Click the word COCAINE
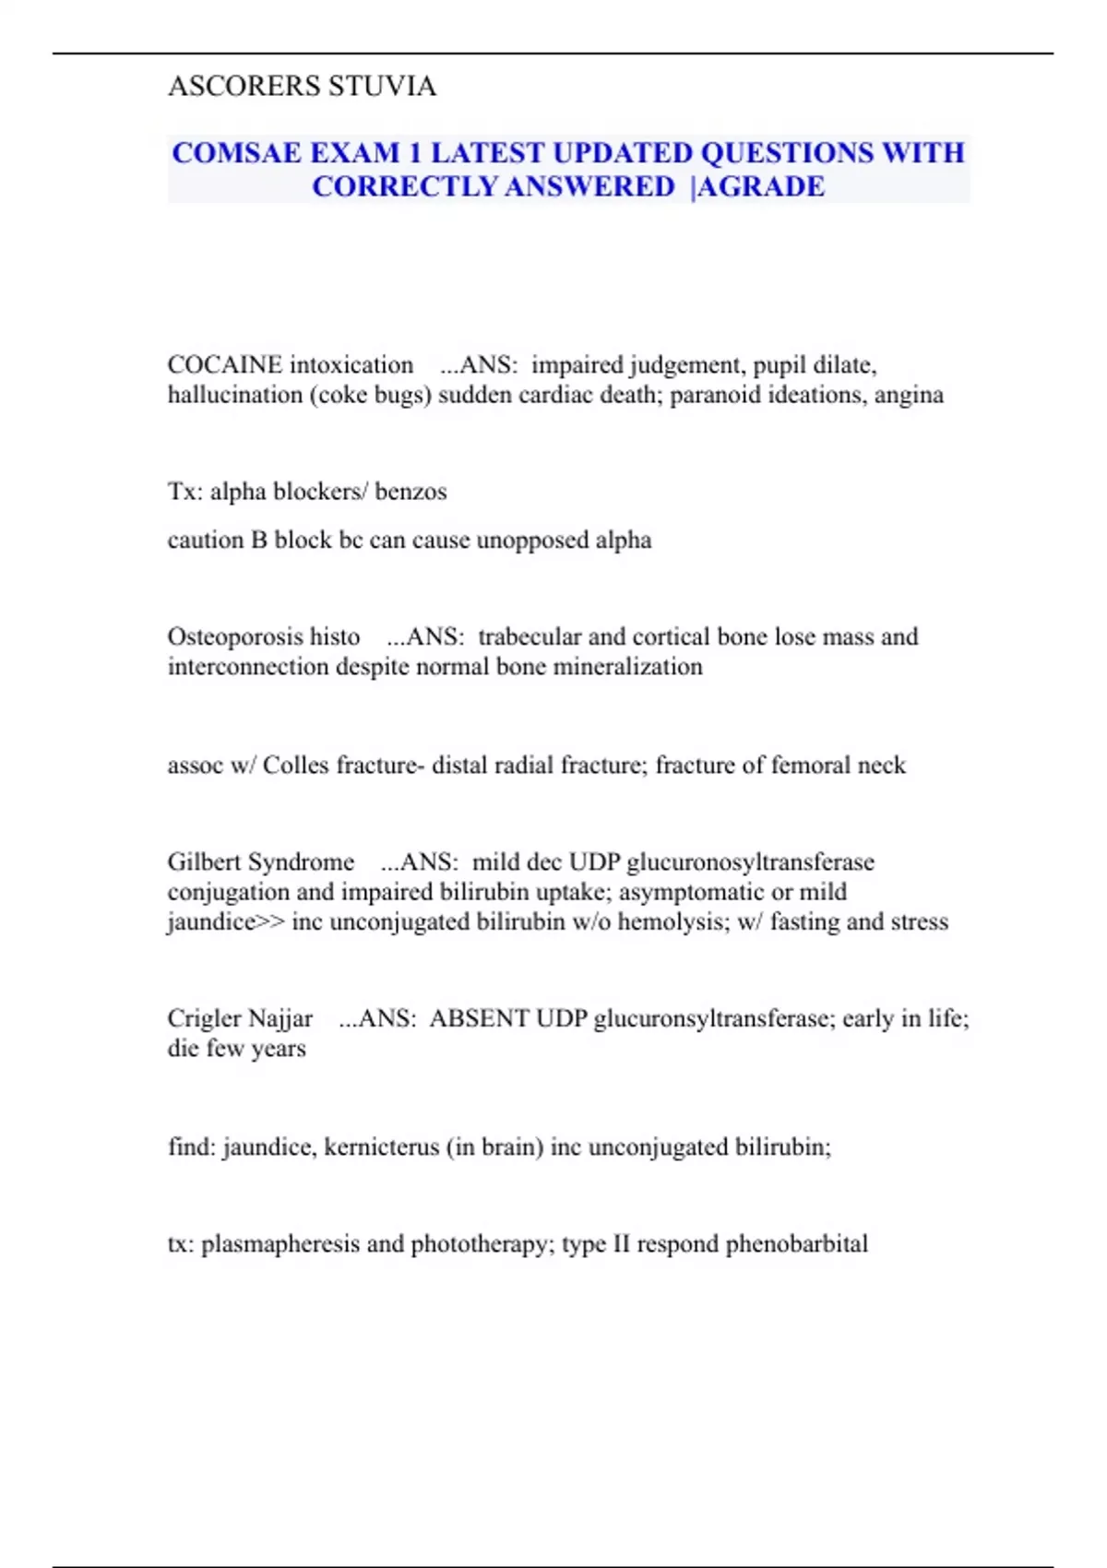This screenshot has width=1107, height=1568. click(x=225, y=365)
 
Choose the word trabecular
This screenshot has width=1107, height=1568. click(x=530, y=637)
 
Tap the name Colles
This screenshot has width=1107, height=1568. click(x=295, y=766)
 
